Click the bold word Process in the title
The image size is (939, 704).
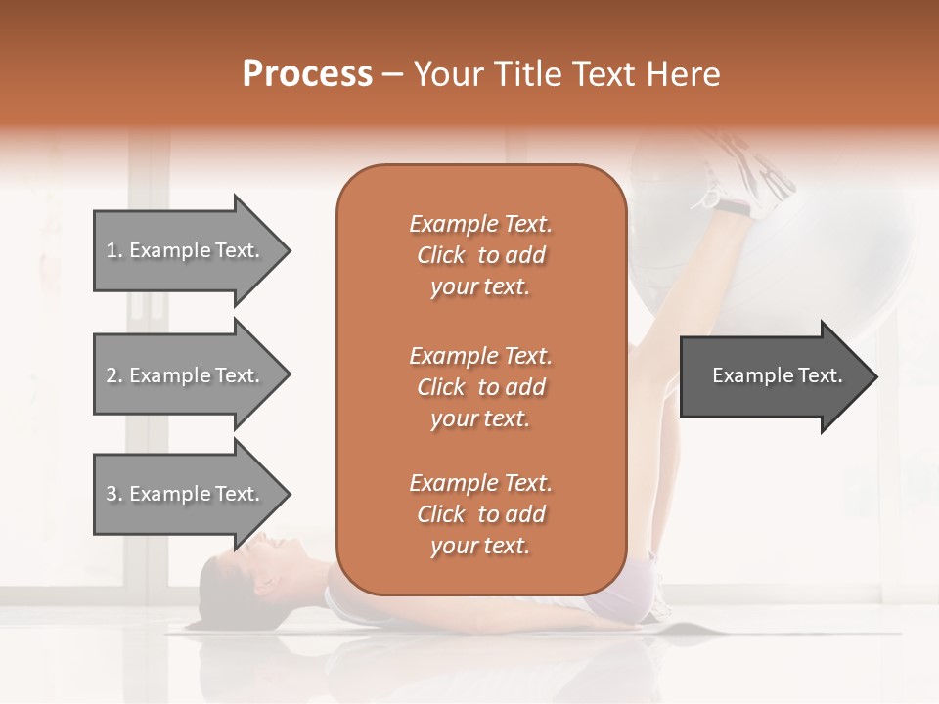pos(307,74)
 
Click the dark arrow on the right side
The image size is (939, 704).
pos(773,375)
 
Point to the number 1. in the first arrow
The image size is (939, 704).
pos(114,250)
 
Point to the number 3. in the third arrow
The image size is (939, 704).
pos(114,494)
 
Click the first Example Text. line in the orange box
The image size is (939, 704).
pos(480,224)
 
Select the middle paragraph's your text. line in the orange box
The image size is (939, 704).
pos(480,418)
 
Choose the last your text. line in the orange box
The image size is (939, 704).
pos(480,547)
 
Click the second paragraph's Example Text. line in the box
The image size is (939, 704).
pos(480,355)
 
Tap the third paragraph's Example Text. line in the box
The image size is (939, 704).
pos(480,483)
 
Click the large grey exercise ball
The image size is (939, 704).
pos(841,254)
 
